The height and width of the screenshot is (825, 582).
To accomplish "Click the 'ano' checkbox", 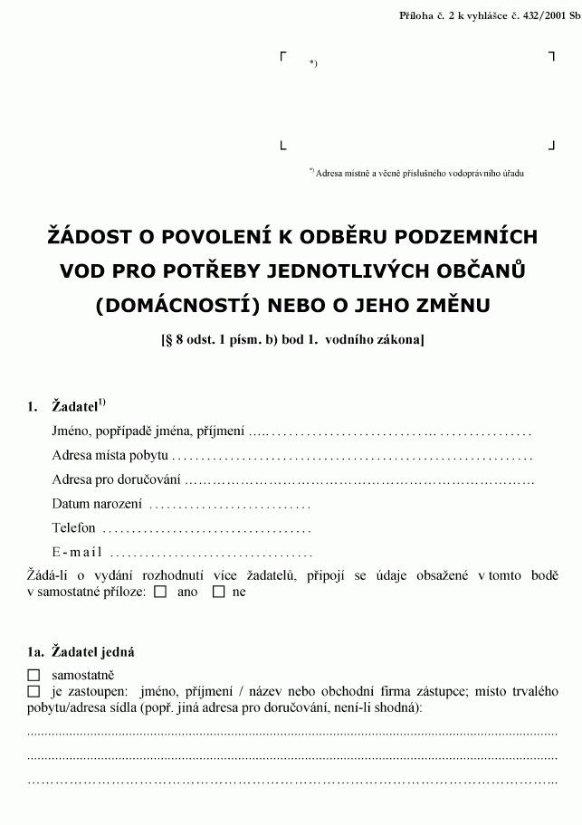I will coord(160,593).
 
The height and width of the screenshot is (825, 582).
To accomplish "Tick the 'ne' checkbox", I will coord(218,593).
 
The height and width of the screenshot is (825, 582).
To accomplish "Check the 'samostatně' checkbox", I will coord(34,675).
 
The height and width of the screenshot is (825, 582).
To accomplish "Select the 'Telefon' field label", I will coord(73,528).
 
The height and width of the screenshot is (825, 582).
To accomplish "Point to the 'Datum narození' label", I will coord(97,504).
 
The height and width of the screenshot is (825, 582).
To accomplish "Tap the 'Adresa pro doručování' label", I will coord(116,479).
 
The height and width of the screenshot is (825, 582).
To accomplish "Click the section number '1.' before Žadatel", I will coord(33,407).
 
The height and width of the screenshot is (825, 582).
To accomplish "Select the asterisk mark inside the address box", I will coord(312,62).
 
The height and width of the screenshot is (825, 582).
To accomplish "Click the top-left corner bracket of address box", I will coord(283,56).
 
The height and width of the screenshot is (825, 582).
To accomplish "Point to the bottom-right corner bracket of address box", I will coord(551,145).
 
